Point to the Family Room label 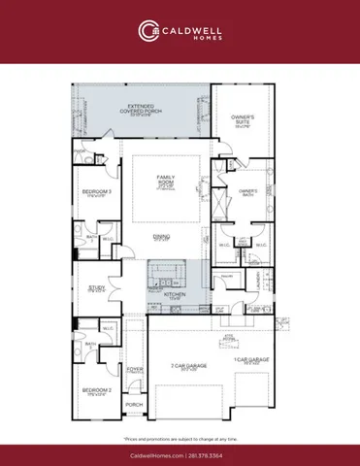click(166, 179)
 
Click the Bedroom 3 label click(94, 194)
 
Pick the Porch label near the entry click(134, 405)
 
